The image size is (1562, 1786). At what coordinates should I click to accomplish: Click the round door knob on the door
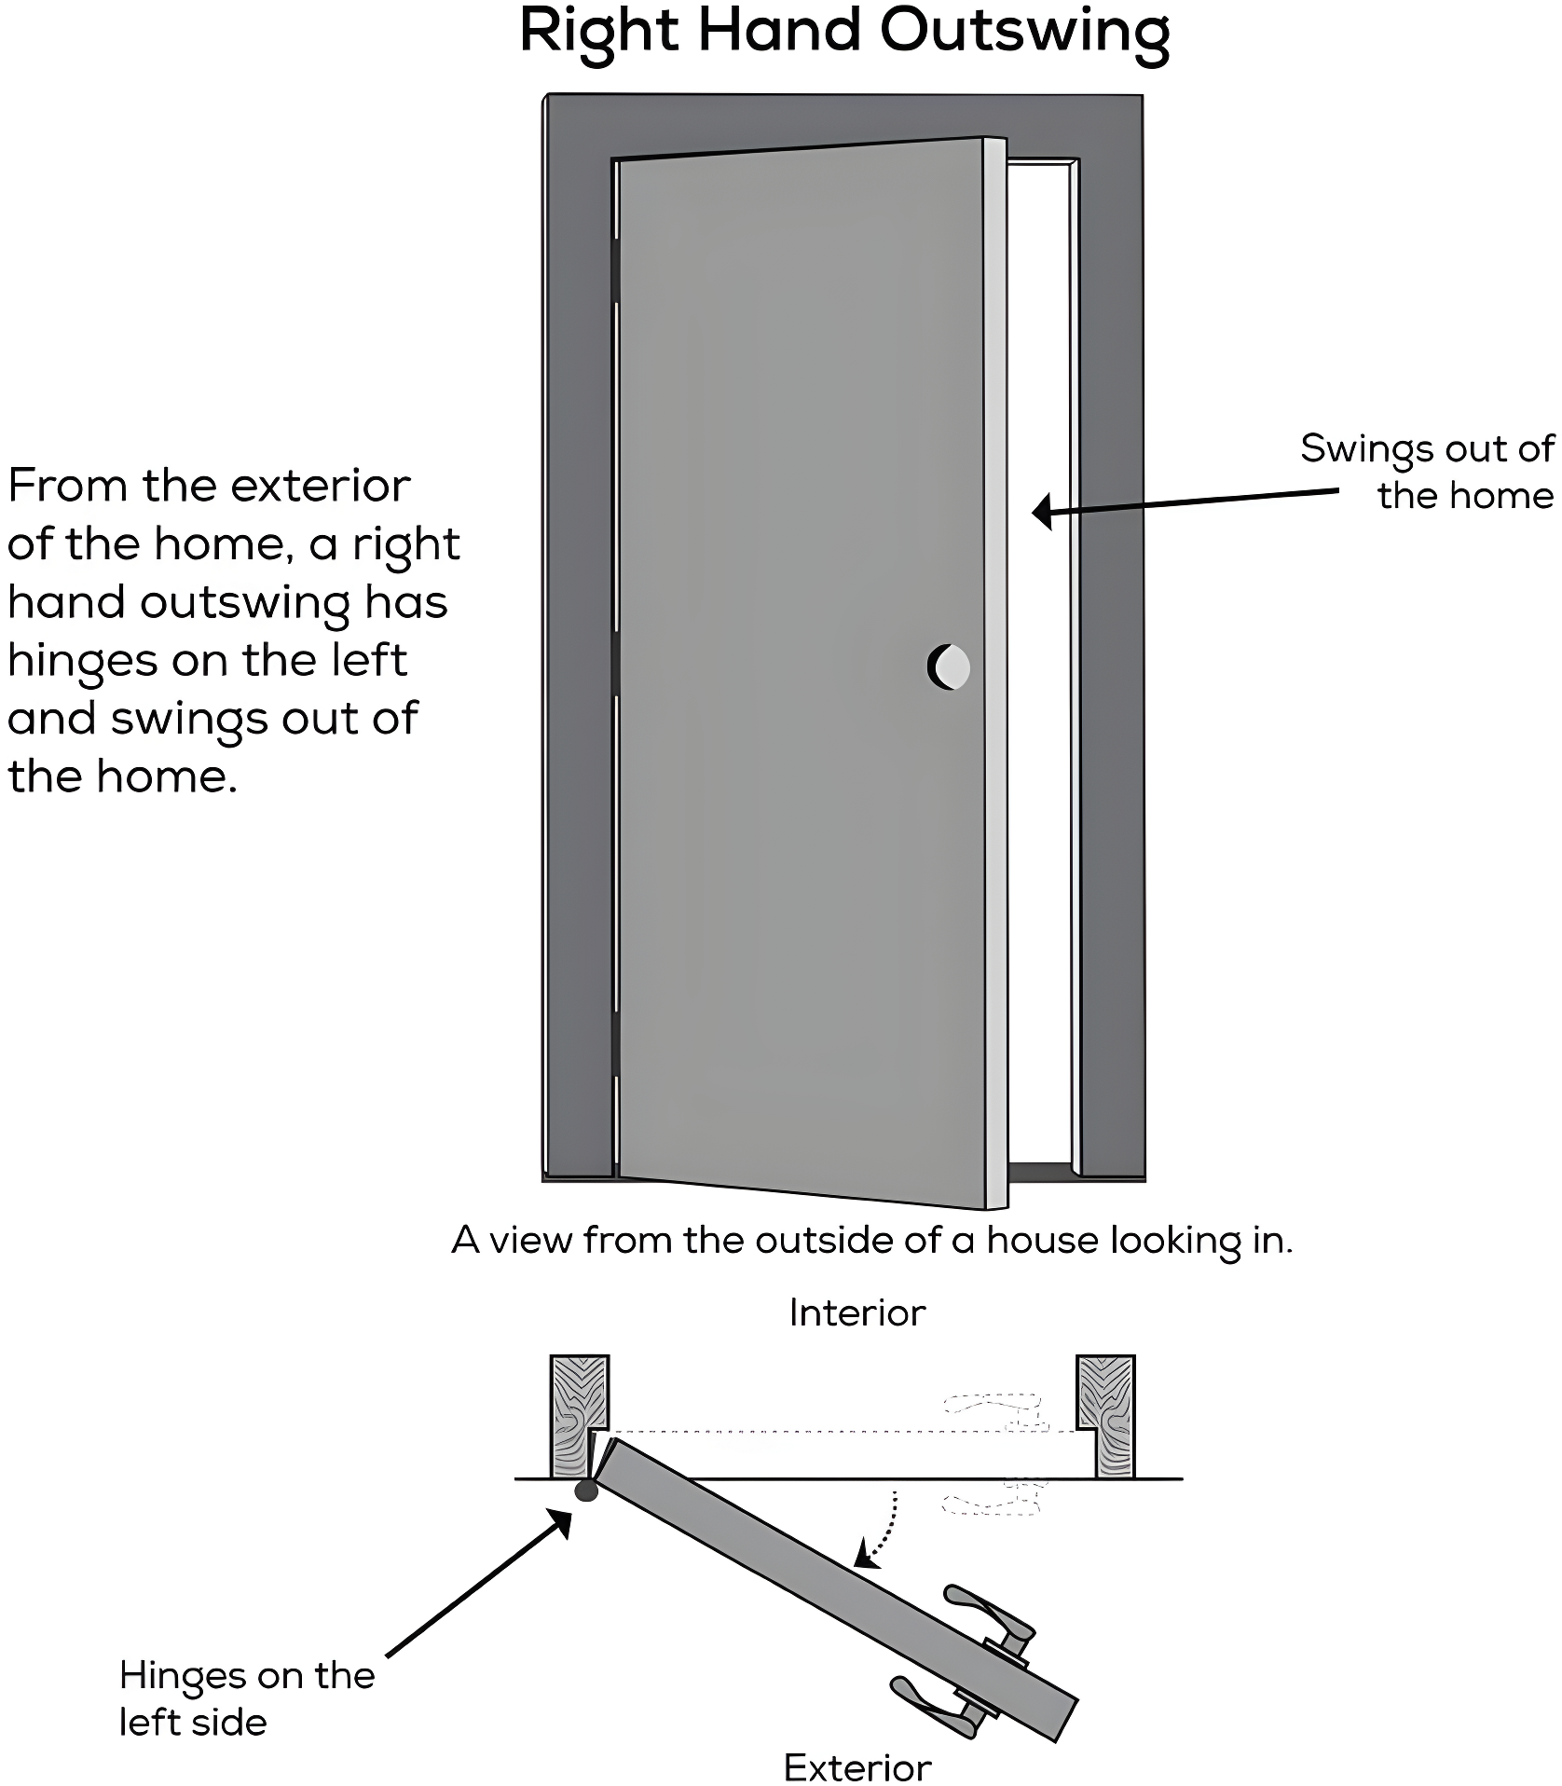(x=950, y=666)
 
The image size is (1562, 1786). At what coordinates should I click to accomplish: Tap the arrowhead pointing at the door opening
(x=1043, y=511)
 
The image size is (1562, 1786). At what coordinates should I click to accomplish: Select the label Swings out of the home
(x=1427, y=472)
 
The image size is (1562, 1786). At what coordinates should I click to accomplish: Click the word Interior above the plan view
(x=856, y=1312)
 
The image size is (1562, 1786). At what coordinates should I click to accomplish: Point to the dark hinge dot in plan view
(x=586, y=1491)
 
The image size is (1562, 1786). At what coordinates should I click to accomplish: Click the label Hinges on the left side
(x=246, y=1698)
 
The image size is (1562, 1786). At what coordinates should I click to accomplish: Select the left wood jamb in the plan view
(x=578, y=1416)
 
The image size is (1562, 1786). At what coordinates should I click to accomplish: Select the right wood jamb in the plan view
(x=1107, y=1416)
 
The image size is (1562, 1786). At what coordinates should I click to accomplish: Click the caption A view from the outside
(x=871, y=1241)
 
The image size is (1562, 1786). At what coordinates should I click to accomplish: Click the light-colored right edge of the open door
(x=995, y=671)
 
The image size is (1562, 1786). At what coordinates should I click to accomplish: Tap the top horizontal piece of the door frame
(x=843, y=121)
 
